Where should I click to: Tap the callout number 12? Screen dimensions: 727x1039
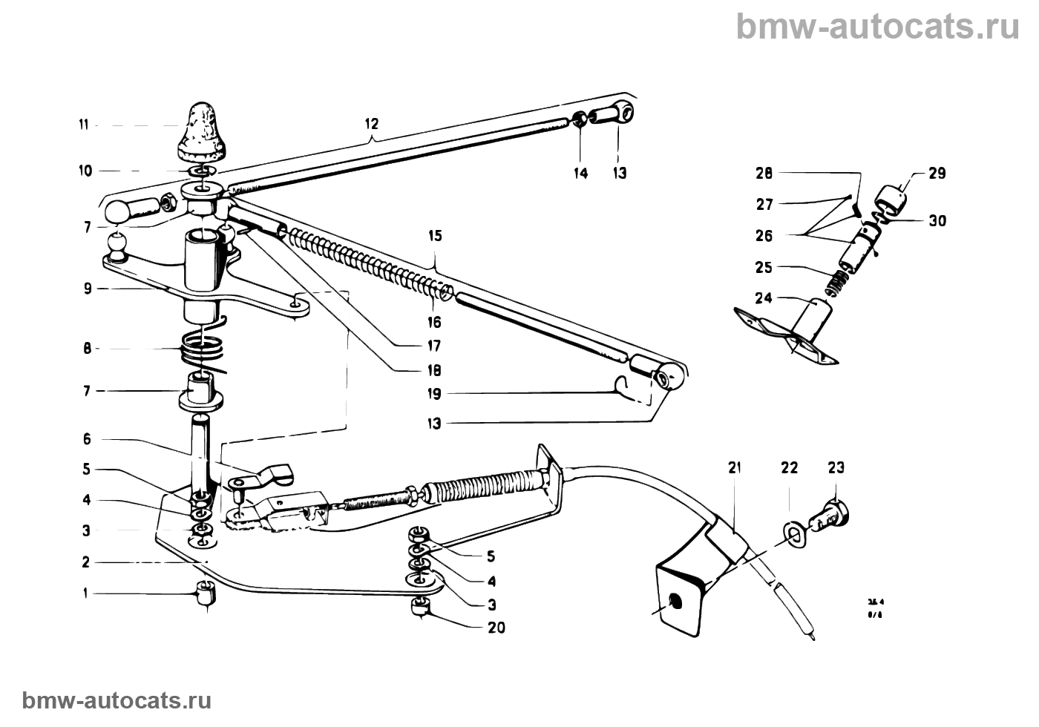tap(371, 123)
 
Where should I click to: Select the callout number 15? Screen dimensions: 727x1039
tap(435, 237)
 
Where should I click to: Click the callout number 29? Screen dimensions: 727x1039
tap(937, 174)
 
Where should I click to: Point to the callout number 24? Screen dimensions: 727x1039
tap(764, 298)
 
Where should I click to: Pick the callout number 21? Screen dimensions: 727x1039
tap(735, 468)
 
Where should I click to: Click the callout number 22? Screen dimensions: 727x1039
tap(789, 468)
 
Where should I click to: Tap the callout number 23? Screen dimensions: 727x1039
tap(836, 468)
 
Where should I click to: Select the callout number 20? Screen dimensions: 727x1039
tap(496, 628)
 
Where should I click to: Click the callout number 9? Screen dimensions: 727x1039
tap(88, 289)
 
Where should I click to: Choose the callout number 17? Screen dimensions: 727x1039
tap(435, 346)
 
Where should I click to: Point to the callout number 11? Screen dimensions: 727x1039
tap(84, 125)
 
